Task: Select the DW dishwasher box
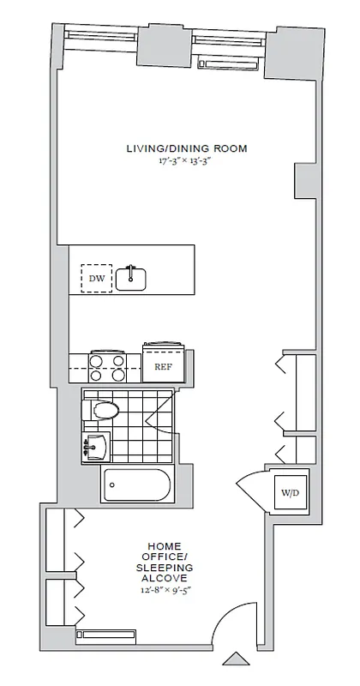click(96, 279)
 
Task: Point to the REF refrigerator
click(164, 365)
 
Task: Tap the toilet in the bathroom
click(103, 411)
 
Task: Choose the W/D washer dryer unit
click(285, 494)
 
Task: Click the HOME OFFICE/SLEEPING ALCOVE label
click(170, 562)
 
